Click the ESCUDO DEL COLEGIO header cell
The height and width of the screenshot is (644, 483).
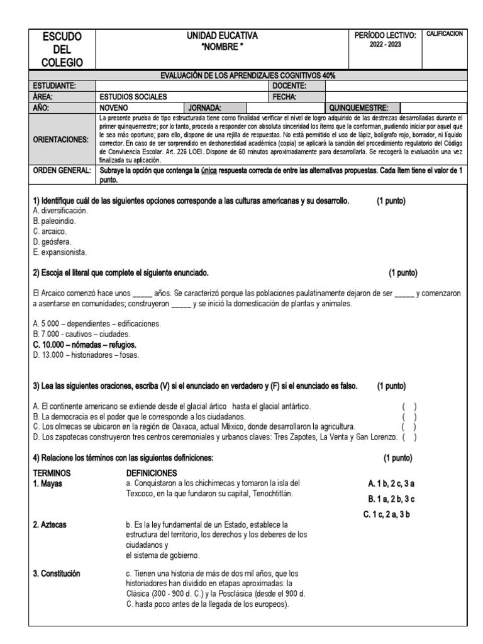[62, 49]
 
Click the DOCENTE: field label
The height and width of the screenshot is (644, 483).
[289, 86]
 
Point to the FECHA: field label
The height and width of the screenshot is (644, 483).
[284, 97]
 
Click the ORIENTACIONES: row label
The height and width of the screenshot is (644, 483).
[61, 138]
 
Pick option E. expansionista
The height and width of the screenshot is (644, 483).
[60, 252]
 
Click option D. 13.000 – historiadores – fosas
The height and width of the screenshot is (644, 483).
[86, 355]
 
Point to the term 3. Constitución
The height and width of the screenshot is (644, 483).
[60, 573]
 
